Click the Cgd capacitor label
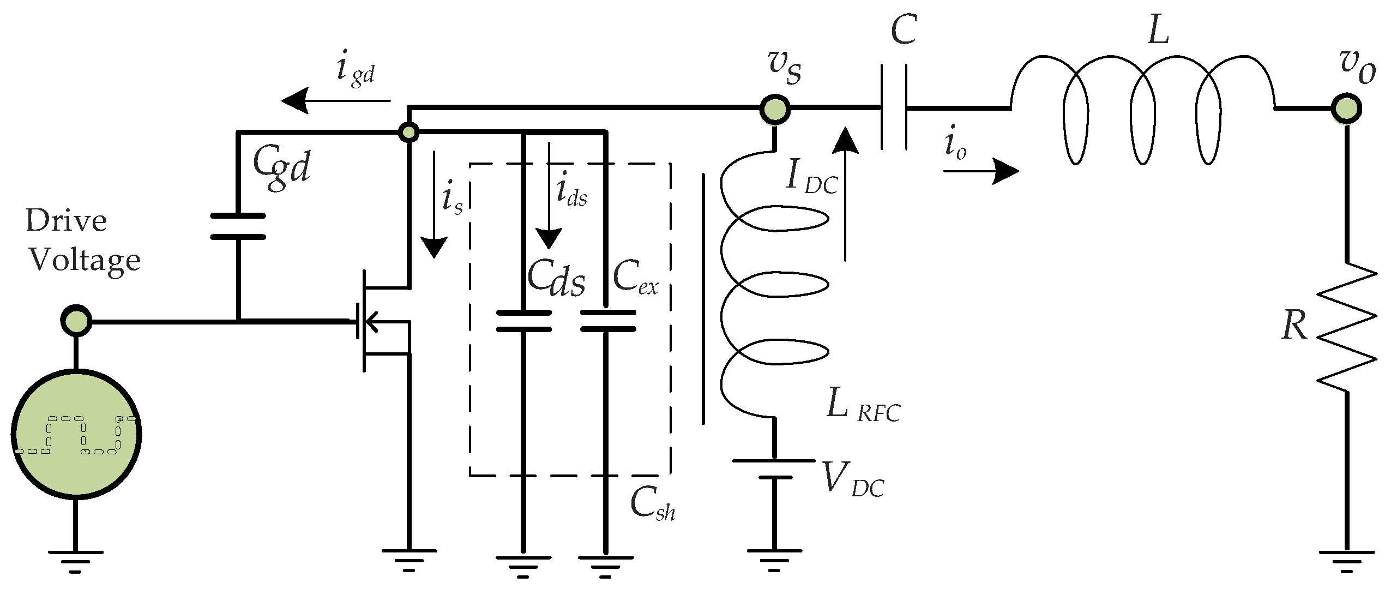282,167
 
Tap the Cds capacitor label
556,280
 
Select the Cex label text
635,279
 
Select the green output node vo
1345,109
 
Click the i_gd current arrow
335,101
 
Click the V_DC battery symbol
774,469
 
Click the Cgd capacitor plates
238,226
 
